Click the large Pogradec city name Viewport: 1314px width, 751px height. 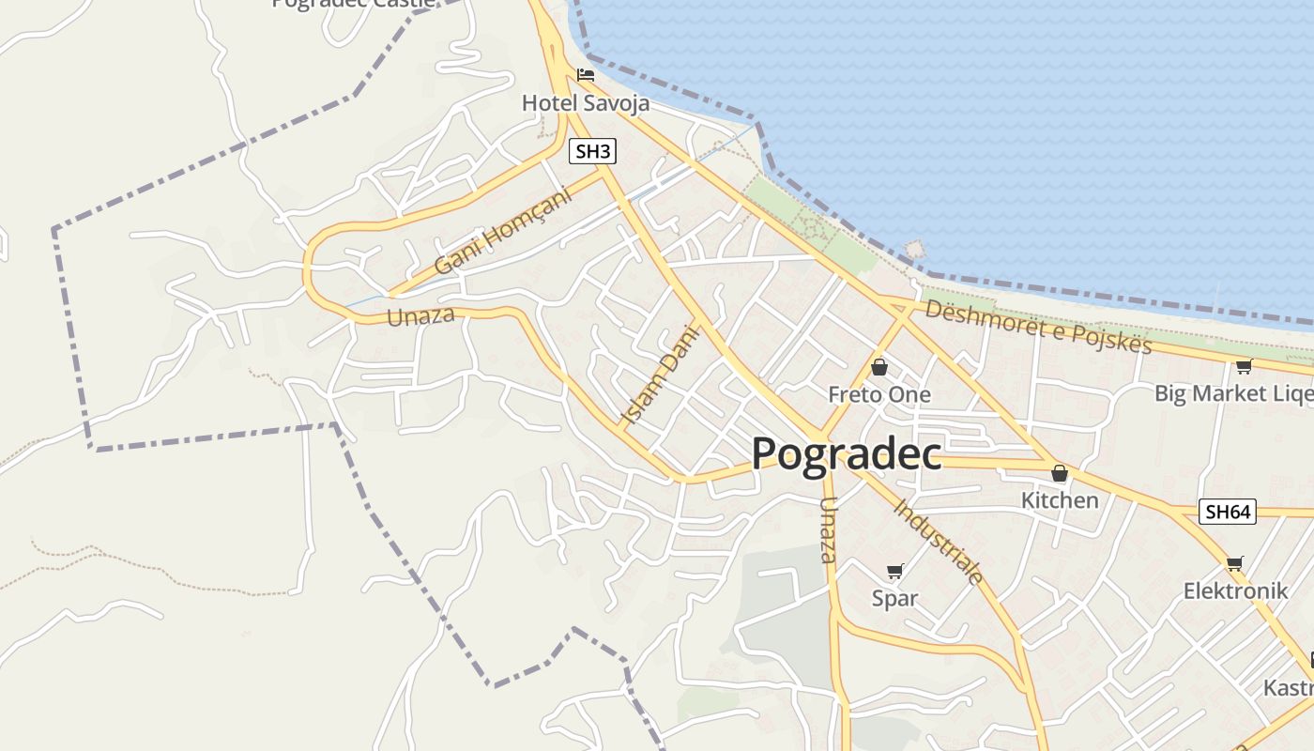pos(847,454)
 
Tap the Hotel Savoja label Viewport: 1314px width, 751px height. pos(586,103)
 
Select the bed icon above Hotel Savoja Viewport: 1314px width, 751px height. pos(586,75)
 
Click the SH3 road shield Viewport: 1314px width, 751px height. pos(592,151)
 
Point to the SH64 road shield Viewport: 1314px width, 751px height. pos(1228,512)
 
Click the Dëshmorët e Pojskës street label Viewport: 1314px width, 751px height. pos(1038,326)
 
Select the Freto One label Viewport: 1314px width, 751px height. pos(879,394)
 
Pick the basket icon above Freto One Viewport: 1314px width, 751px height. pos(879,367)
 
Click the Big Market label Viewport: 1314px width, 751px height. pos(1232,393)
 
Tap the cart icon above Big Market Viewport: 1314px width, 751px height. pos(1244,366)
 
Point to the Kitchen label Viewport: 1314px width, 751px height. pos(1060,500)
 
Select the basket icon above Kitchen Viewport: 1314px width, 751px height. pos(1060,473)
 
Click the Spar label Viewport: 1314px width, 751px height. pos(894,598)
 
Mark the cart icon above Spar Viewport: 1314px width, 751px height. pos(894,571)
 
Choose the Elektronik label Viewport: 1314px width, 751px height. pos(1235,590)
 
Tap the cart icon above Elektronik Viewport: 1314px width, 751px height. pos(1235,563)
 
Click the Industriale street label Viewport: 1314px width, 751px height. pos(938,542)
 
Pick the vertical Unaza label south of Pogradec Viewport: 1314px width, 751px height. pos(827,529)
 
